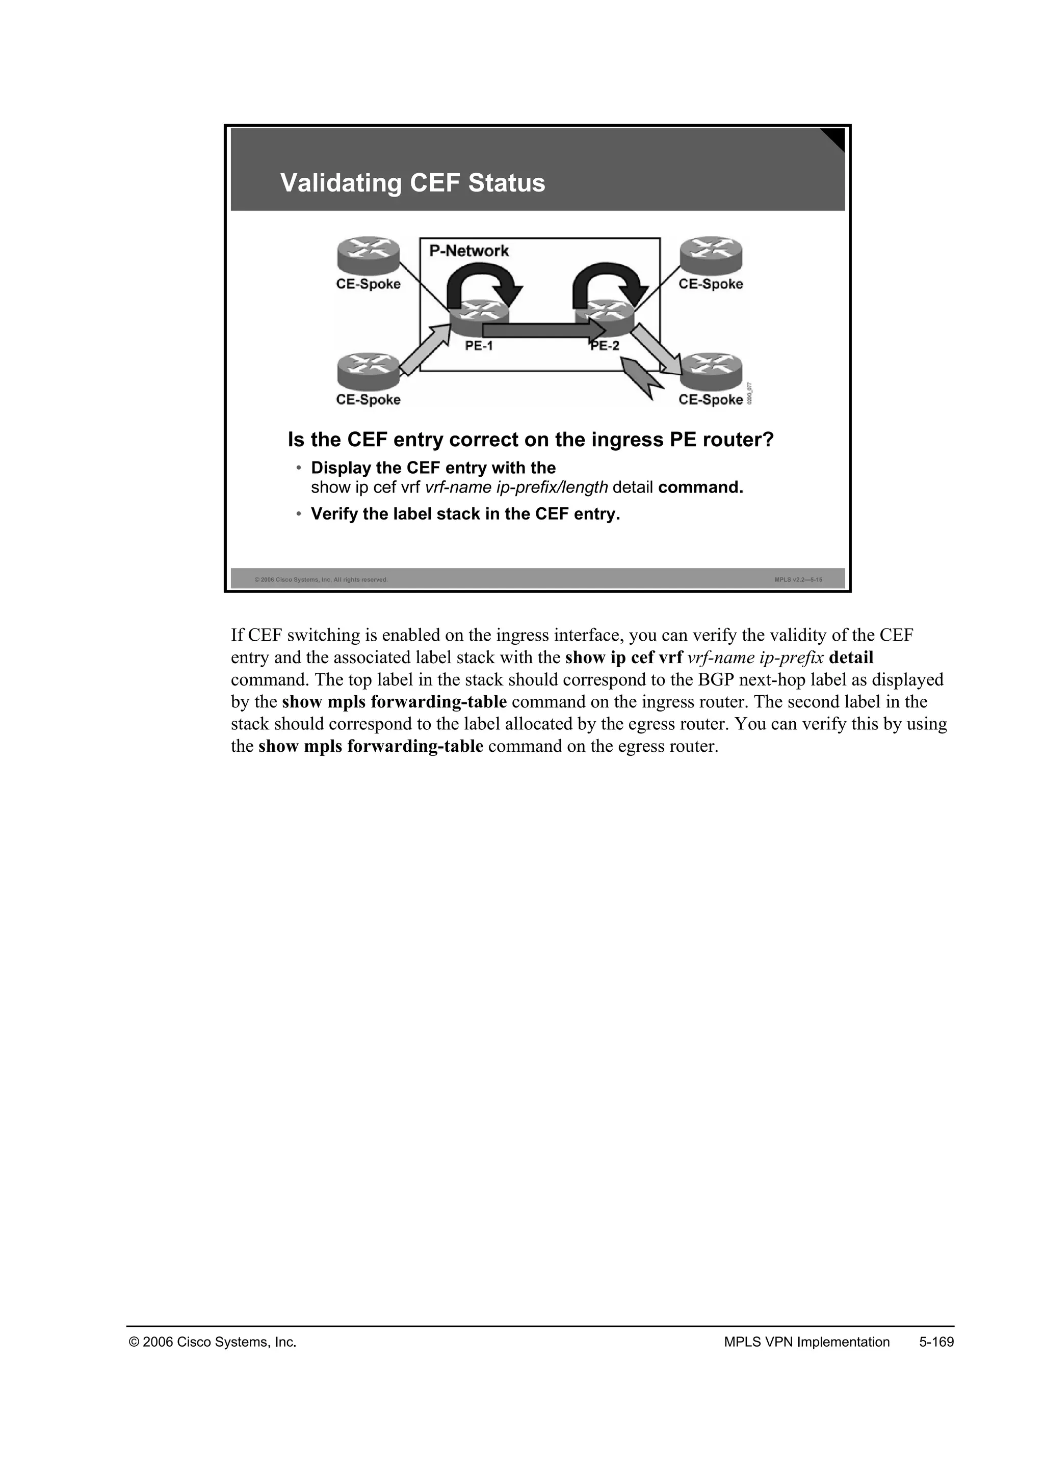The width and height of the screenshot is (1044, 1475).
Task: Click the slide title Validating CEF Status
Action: [413, 183]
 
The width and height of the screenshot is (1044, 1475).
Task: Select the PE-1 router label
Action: [479, 346]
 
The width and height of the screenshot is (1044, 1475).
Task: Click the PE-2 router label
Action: [605, 346]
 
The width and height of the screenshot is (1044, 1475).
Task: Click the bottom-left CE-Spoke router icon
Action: [369, 371]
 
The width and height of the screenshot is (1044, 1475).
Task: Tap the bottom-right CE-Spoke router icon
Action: [711, 371]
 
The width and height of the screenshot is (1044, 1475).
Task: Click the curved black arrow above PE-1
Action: [485, 283]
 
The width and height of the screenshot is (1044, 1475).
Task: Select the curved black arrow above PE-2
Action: [611, 283]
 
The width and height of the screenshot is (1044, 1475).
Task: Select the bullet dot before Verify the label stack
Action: [298, 514]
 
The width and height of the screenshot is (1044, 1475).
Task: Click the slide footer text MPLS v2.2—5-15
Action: [798, 580]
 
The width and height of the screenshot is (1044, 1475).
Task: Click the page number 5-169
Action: [936, 1342]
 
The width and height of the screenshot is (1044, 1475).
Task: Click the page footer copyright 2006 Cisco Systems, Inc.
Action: [213, 1342]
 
